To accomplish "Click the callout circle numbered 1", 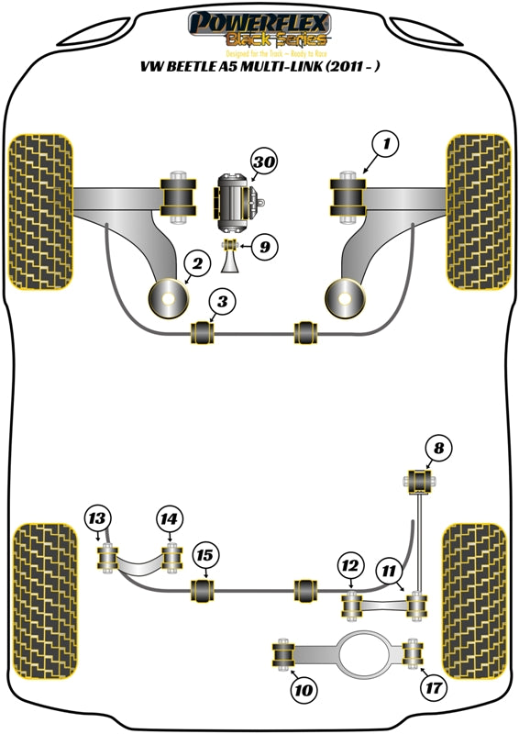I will tap(386, 144).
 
